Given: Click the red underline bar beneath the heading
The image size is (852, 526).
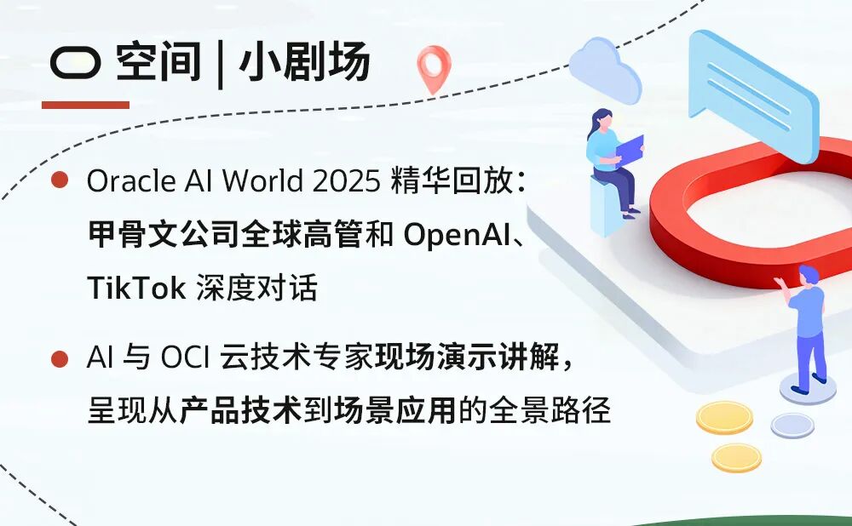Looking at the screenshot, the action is click(x=85, y=105).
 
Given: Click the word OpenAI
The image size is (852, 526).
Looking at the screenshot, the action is click(x=457, y=235).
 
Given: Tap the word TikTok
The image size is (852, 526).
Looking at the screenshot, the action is click(x=136, y=287).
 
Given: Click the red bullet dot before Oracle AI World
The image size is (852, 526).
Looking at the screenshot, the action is click(x=60, y=180).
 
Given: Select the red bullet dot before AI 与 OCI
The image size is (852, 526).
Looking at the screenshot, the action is click(x=60, y=359).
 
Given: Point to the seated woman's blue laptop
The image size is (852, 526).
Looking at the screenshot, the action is click(x=630, y=149).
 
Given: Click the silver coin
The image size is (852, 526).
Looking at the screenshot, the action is click(x=792, y=425).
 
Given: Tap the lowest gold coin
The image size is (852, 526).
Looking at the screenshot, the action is click(x=736, y=458).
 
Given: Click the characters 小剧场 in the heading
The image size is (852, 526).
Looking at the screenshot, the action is click(x=304, y=62).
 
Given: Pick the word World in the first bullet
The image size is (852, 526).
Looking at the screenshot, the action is click(x=264, y=180).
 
